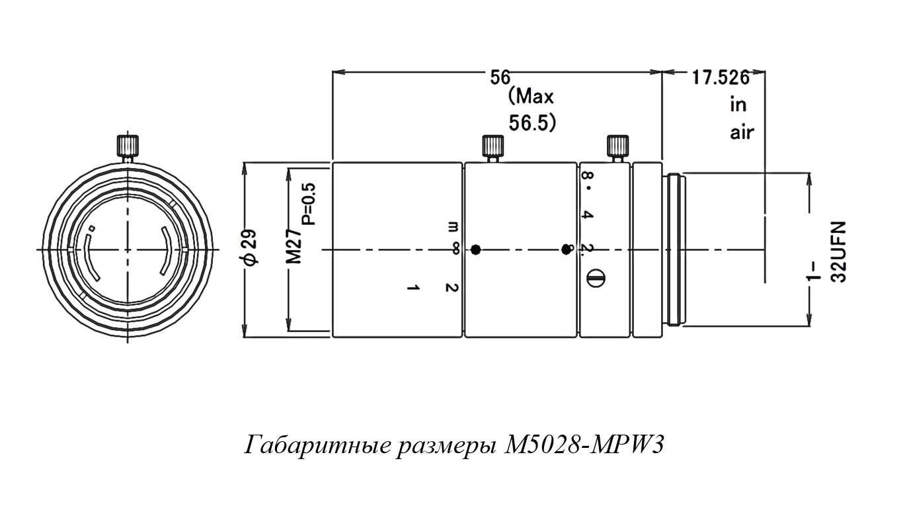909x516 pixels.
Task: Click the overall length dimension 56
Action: [500, 77]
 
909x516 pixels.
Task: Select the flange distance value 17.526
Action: [720, 78]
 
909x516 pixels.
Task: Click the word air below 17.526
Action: [742, 132]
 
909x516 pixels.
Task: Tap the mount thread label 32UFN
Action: [839, 251]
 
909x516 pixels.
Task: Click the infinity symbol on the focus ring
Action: [454, 249]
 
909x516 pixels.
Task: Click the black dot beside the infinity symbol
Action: [475, 249]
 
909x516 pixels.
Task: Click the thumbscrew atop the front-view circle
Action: [128, 146]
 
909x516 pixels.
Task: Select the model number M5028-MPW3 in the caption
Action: [582, 445]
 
